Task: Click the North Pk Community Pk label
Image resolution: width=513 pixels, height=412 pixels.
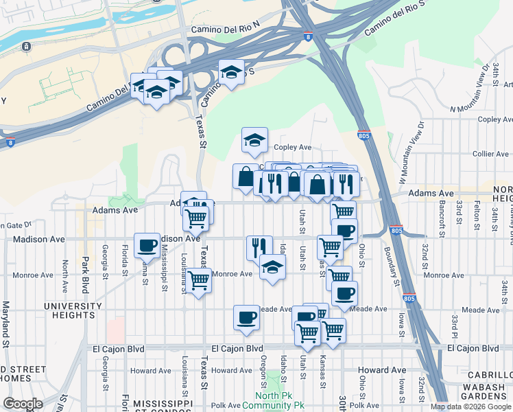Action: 281,400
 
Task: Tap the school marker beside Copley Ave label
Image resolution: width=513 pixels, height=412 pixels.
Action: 254,140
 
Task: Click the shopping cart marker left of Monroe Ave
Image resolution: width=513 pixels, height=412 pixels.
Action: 198,280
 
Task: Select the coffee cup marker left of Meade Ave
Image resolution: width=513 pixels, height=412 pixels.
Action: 246,317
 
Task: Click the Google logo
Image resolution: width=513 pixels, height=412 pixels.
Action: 23,403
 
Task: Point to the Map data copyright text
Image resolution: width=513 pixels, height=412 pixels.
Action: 470,407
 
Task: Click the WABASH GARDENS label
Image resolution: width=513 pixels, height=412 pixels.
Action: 488,391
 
